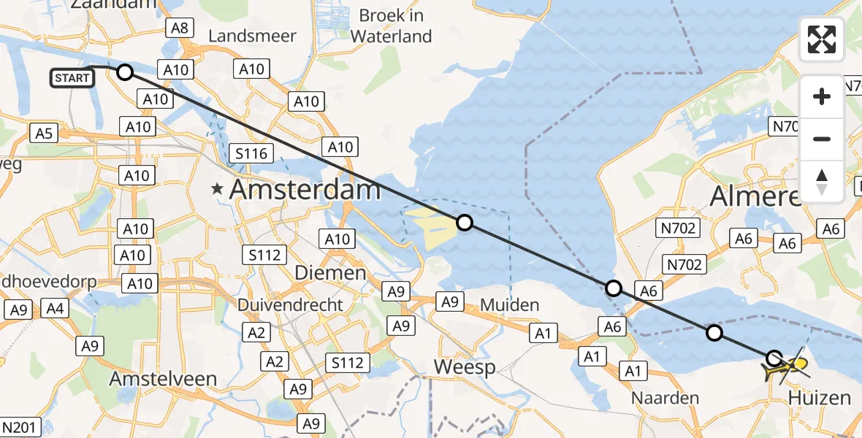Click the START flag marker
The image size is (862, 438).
tap(73, 77)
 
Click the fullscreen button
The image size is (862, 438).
tap(822, 39)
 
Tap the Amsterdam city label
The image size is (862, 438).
tap(305, 191)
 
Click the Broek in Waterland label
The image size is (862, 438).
tap(391, 26)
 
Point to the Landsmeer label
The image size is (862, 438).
tap(253, 36)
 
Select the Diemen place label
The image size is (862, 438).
tap(330, 273)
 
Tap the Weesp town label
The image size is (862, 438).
tap(464, 367)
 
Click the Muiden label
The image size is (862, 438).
tap(511, 304)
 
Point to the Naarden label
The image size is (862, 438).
tap(666, 399)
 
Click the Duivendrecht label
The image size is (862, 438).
tap(290, 304)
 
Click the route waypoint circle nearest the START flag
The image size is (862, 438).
tap(125, 72)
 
